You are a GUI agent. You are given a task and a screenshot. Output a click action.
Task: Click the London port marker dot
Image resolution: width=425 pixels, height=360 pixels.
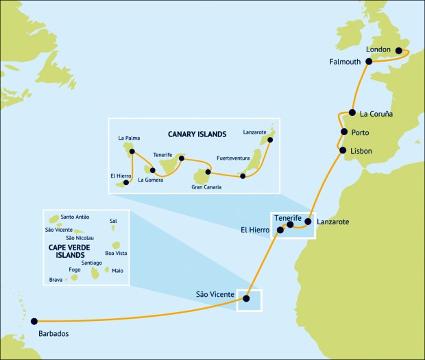(398, 50)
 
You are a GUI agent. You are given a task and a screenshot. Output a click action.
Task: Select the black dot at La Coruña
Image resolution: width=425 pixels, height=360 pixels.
(352, 112)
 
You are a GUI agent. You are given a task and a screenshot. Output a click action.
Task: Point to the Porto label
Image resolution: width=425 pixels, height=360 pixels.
(361, 132)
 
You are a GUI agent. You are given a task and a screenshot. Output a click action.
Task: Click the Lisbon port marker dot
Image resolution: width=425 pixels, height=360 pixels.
(342, 150)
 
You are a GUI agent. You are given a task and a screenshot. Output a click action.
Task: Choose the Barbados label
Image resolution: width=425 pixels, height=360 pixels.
(50, 334)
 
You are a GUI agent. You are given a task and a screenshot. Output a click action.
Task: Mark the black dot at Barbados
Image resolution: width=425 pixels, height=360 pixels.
(33, 320)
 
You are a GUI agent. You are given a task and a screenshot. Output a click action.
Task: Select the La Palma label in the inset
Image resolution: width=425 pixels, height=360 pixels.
(129, 138)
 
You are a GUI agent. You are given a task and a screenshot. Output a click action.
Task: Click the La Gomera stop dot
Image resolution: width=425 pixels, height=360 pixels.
(152, 170)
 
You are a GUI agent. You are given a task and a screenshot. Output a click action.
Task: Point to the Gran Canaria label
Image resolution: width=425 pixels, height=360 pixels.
(206, 187)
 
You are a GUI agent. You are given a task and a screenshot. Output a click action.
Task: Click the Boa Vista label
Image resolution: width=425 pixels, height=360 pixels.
(116, 253)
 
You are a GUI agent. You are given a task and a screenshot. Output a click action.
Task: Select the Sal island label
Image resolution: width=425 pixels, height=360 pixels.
(113, 221)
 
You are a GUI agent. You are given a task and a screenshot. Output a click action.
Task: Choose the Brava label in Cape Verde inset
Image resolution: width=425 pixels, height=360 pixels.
(57, 279)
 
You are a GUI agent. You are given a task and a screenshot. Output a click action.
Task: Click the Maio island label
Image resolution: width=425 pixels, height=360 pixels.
(117, 270)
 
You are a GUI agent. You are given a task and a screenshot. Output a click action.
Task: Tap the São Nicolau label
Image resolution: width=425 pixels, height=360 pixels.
(80, 237)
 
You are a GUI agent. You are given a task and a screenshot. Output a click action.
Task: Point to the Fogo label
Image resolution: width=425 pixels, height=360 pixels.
(75, 270)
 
